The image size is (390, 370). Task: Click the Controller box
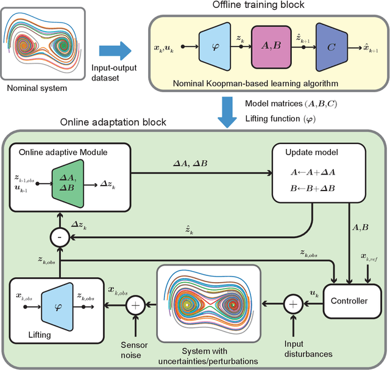pos(349,301)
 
